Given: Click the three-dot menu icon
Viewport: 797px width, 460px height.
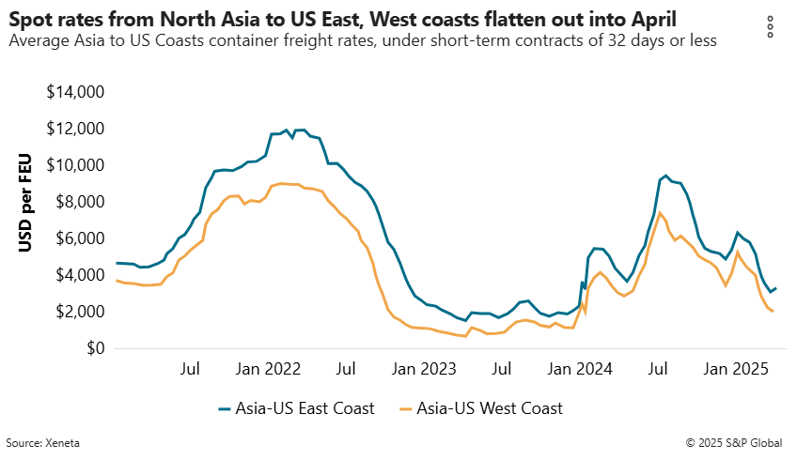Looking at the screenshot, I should point(771,27).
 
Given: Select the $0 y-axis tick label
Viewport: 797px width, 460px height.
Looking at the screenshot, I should point(93,348).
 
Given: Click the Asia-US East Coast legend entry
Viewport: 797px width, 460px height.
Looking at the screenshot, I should point(296,408).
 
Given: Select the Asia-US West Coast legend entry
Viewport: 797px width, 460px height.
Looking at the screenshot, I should point(480,408).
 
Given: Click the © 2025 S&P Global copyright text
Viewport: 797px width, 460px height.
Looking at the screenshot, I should point(739,441).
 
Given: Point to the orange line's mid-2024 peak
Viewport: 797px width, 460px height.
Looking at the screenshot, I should point(659,212).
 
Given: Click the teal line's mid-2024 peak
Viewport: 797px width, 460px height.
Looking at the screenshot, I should point(666,176).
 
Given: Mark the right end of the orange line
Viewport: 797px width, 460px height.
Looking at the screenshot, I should point(773,312).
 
